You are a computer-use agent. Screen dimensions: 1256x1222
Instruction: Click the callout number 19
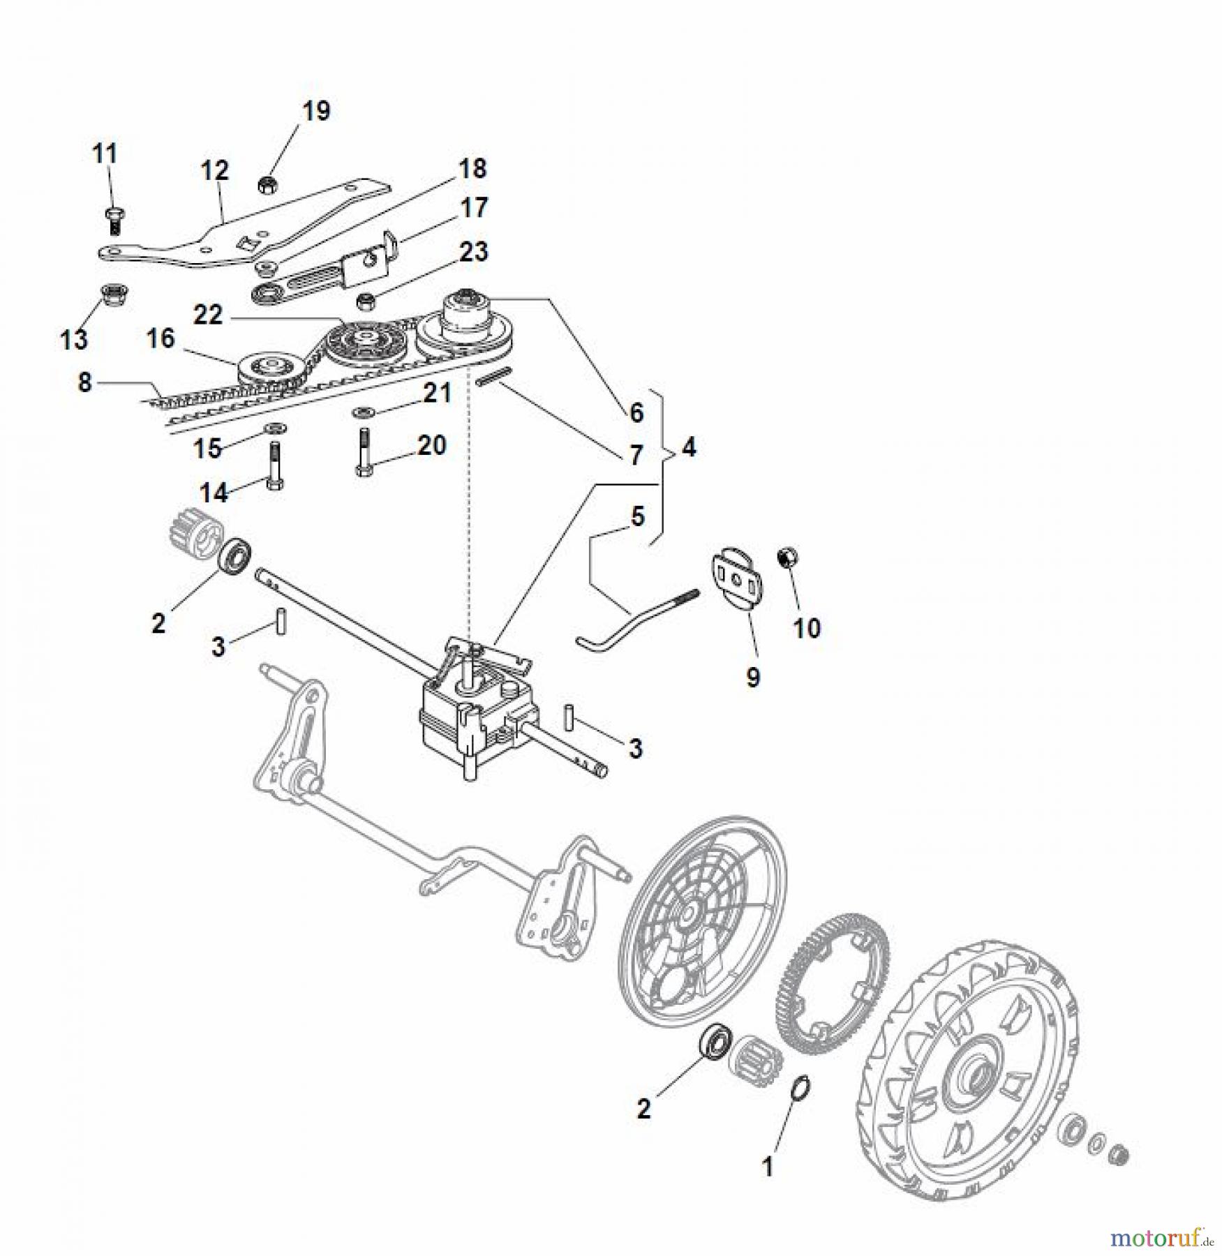pyautogui.click(x=316, y=111)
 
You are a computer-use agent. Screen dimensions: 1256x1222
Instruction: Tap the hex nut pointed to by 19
pyautogui.click(x=267, y=186)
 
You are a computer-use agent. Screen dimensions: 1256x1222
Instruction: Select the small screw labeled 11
pyautogui.click(x=114, y=219)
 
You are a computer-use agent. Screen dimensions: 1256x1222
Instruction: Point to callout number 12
pyautogui.click(x=214, y=170)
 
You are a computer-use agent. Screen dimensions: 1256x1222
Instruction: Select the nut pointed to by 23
pyautogui.click(x=366, y=302)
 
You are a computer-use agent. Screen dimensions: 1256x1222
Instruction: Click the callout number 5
pyautogui.click(x=637, y=517)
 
